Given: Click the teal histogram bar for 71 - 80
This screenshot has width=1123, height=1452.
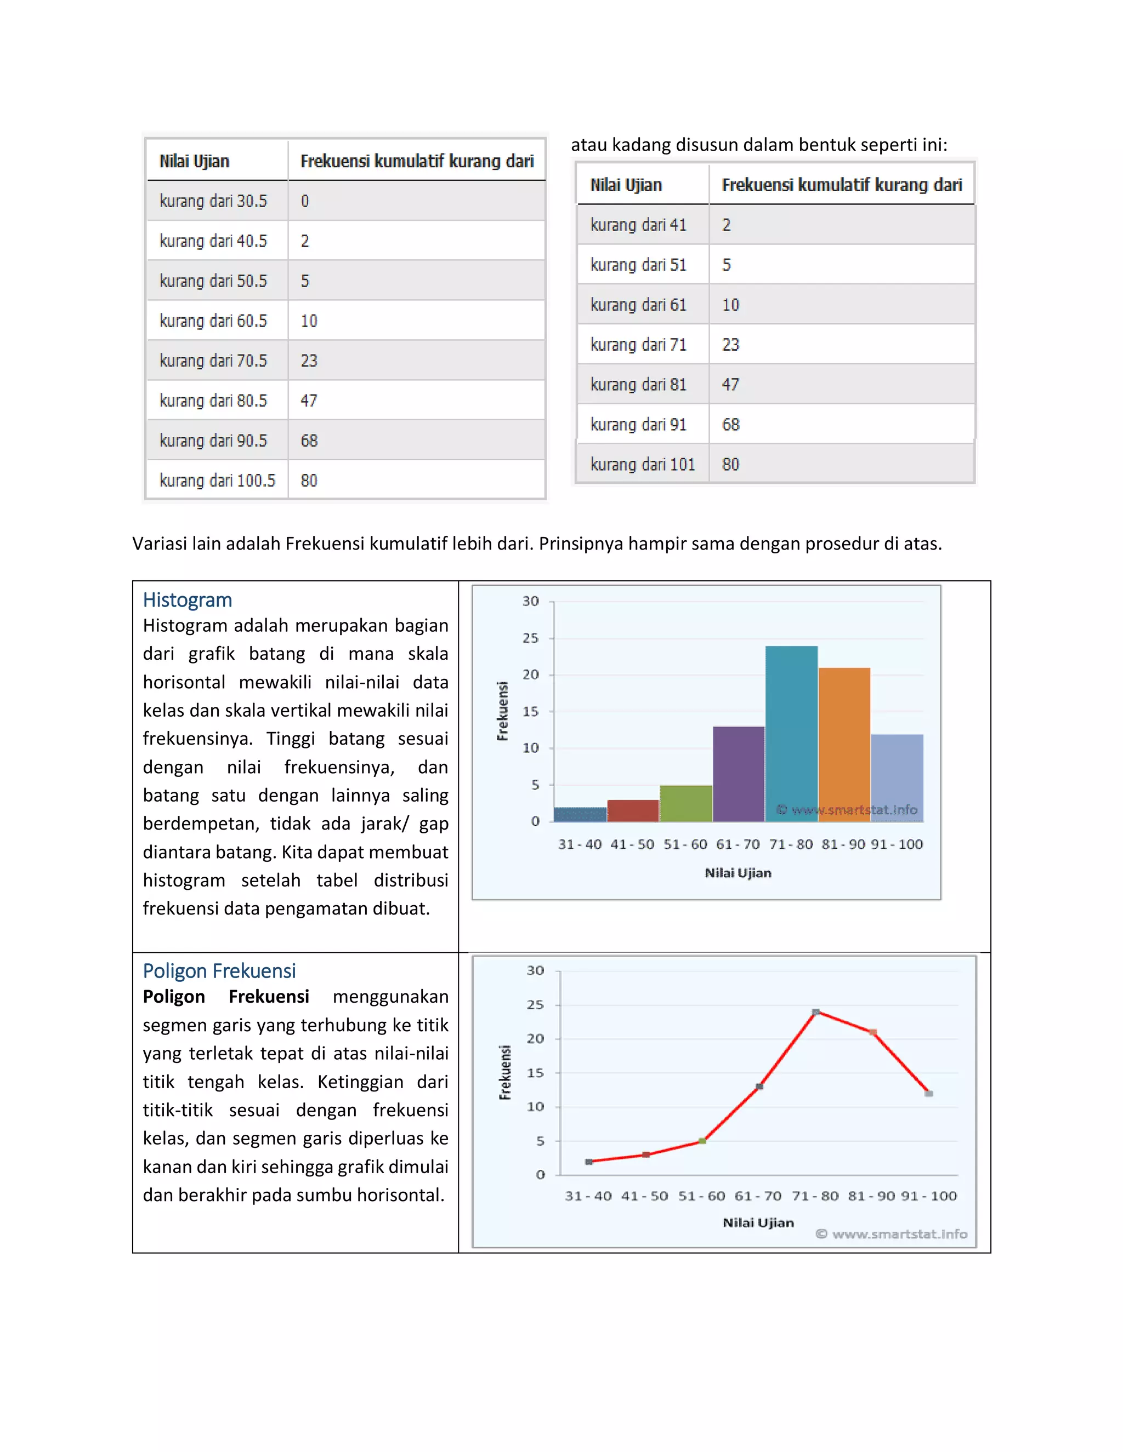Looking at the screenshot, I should point(791,731).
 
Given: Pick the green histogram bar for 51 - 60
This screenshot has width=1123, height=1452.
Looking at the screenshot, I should point(686,803).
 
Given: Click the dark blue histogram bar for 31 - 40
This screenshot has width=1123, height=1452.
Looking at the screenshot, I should point(580,814).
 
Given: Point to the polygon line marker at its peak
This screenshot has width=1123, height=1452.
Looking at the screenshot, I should point(815,1013).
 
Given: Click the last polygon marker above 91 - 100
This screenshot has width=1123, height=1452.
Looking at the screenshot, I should point(929,1094).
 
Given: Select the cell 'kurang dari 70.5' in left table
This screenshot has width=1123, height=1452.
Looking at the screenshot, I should point(213,361).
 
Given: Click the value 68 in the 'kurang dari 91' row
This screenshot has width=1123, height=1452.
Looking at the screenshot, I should point(730,425).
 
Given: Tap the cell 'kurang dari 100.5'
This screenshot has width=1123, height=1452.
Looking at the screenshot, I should point(217,481).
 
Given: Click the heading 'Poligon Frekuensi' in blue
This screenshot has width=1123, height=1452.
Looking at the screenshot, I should point(219,971).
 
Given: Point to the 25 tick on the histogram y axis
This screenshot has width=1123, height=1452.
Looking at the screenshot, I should point(530,638).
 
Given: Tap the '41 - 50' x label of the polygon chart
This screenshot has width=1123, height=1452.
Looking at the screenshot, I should point(644,1196).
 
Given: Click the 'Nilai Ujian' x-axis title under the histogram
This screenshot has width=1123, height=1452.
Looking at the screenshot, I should point(738,873).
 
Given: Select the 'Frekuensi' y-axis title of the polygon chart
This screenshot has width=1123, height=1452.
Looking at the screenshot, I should point(505,1072).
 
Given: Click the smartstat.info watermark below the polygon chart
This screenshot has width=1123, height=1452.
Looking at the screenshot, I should point(892,1234).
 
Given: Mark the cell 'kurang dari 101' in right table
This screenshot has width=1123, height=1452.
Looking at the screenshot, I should point(642,465).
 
